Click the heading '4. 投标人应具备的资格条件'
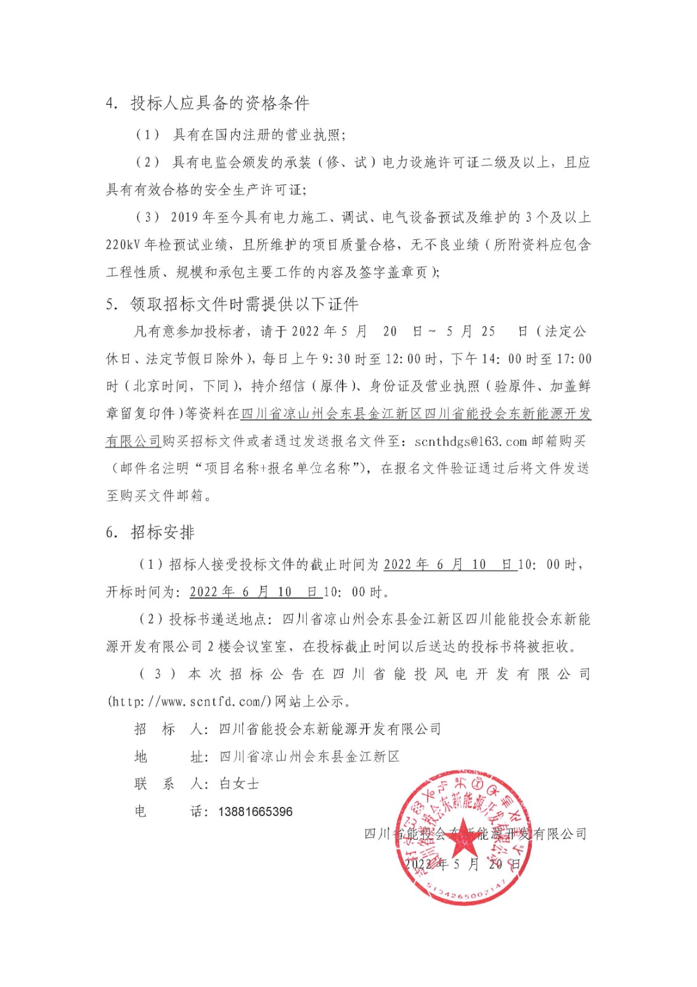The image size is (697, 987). click(208, 103)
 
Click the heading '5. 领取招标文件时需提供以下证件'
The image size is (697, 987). click(232, 304)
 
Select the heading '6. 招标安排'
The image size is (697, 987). click(150, 532)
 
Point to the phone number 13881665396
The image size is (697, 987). click(255, 812)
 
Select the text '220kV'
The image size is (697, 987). click(123, 245)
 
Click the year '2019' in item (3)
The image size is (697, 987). click(184, 217)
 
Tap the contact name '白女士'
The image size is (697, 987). click(239, 784)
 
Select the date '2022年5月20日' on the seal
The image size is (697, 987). click(462, 864)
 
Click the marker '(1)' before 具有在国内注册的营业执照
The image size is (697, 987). click(148, 134)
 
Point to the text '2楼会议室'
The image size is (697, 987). click(247, 646)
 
